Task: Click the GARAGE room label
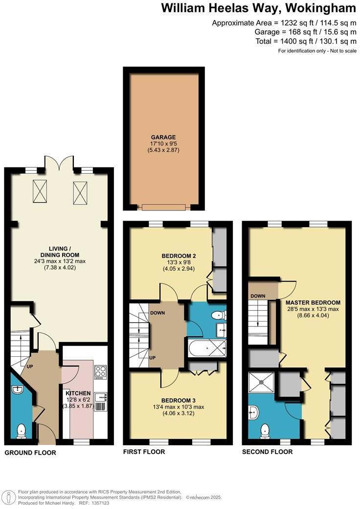(x=163, y=137)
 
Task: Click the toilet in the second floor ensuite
(x=265, y=429)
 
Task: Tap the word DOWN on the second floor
(x=258, y=296)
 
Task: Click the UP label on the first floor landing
(x=152, y=358)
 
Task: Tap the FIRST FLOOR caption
(x=144, y=452)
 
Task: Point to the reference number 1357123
(x=100, y=503)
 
